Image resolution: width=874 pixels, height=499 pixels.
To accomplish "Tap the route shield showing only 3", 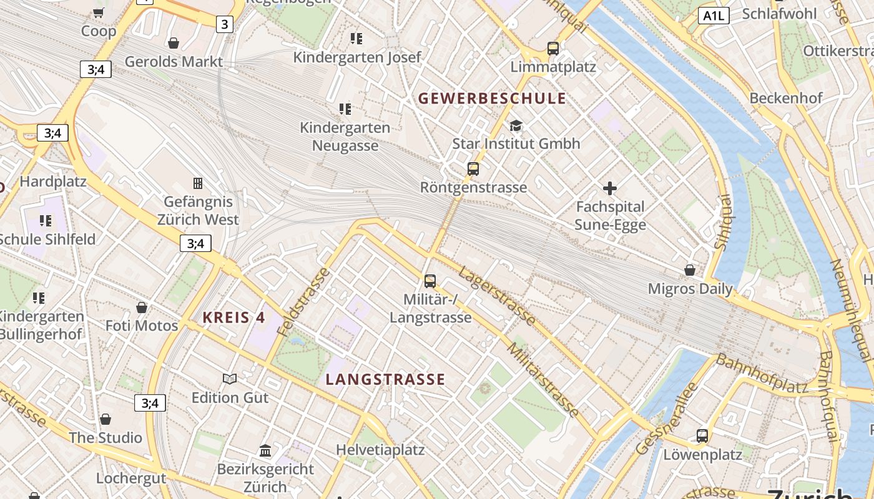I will (224, 24).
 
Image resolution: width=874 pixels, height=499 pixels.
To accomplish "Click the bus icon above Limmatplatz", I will (552, 48).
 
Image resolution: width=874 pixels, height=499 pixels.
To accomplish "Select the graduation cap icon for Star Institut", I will (516, 126).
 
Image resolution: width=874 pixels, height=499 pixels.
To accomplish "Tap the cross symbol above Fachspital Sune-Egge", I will (610, 188).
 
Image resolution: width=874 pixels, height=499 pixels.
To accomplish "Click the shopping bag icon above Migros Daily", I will (690, 270).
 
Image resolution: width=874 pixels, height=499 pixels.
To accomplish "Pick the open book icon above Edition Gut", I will (230, 379).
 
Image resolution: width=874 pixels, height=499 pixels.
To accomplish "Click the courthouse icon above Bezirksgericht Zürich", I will (265, 450).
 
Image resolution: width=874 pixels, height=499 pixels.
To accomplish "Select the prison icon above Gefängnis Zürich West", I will (198, 183).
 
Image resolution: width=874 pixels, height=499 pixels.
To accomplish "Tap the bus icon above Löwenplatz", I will (702, 435).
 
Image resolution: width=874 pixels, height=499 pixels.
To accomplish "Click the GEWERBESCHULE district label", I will (492, 99).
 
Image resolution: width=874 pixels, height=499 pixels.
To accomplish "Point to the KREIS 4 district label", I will (234, 317).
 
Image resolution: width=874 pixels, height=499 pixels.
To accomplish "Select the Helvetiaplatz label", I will (380, 450).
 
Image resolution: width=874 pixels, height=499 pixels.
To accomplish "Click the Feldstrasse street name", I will (304, 302).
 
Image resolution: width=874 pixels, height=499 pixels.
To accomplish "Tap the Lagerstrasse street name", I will (497, 296).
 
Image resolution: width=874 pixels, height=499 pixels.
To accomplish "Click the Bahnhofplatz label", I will (762, 374).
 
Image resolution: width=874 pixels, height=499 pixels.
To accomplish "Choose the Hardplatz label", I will (53, 182).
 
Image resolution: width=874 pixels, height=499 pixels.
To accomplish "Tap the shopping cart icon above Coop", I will (98, 12).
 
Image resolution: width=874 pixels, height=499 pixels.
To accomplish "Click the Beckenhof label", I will (786, 98).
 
